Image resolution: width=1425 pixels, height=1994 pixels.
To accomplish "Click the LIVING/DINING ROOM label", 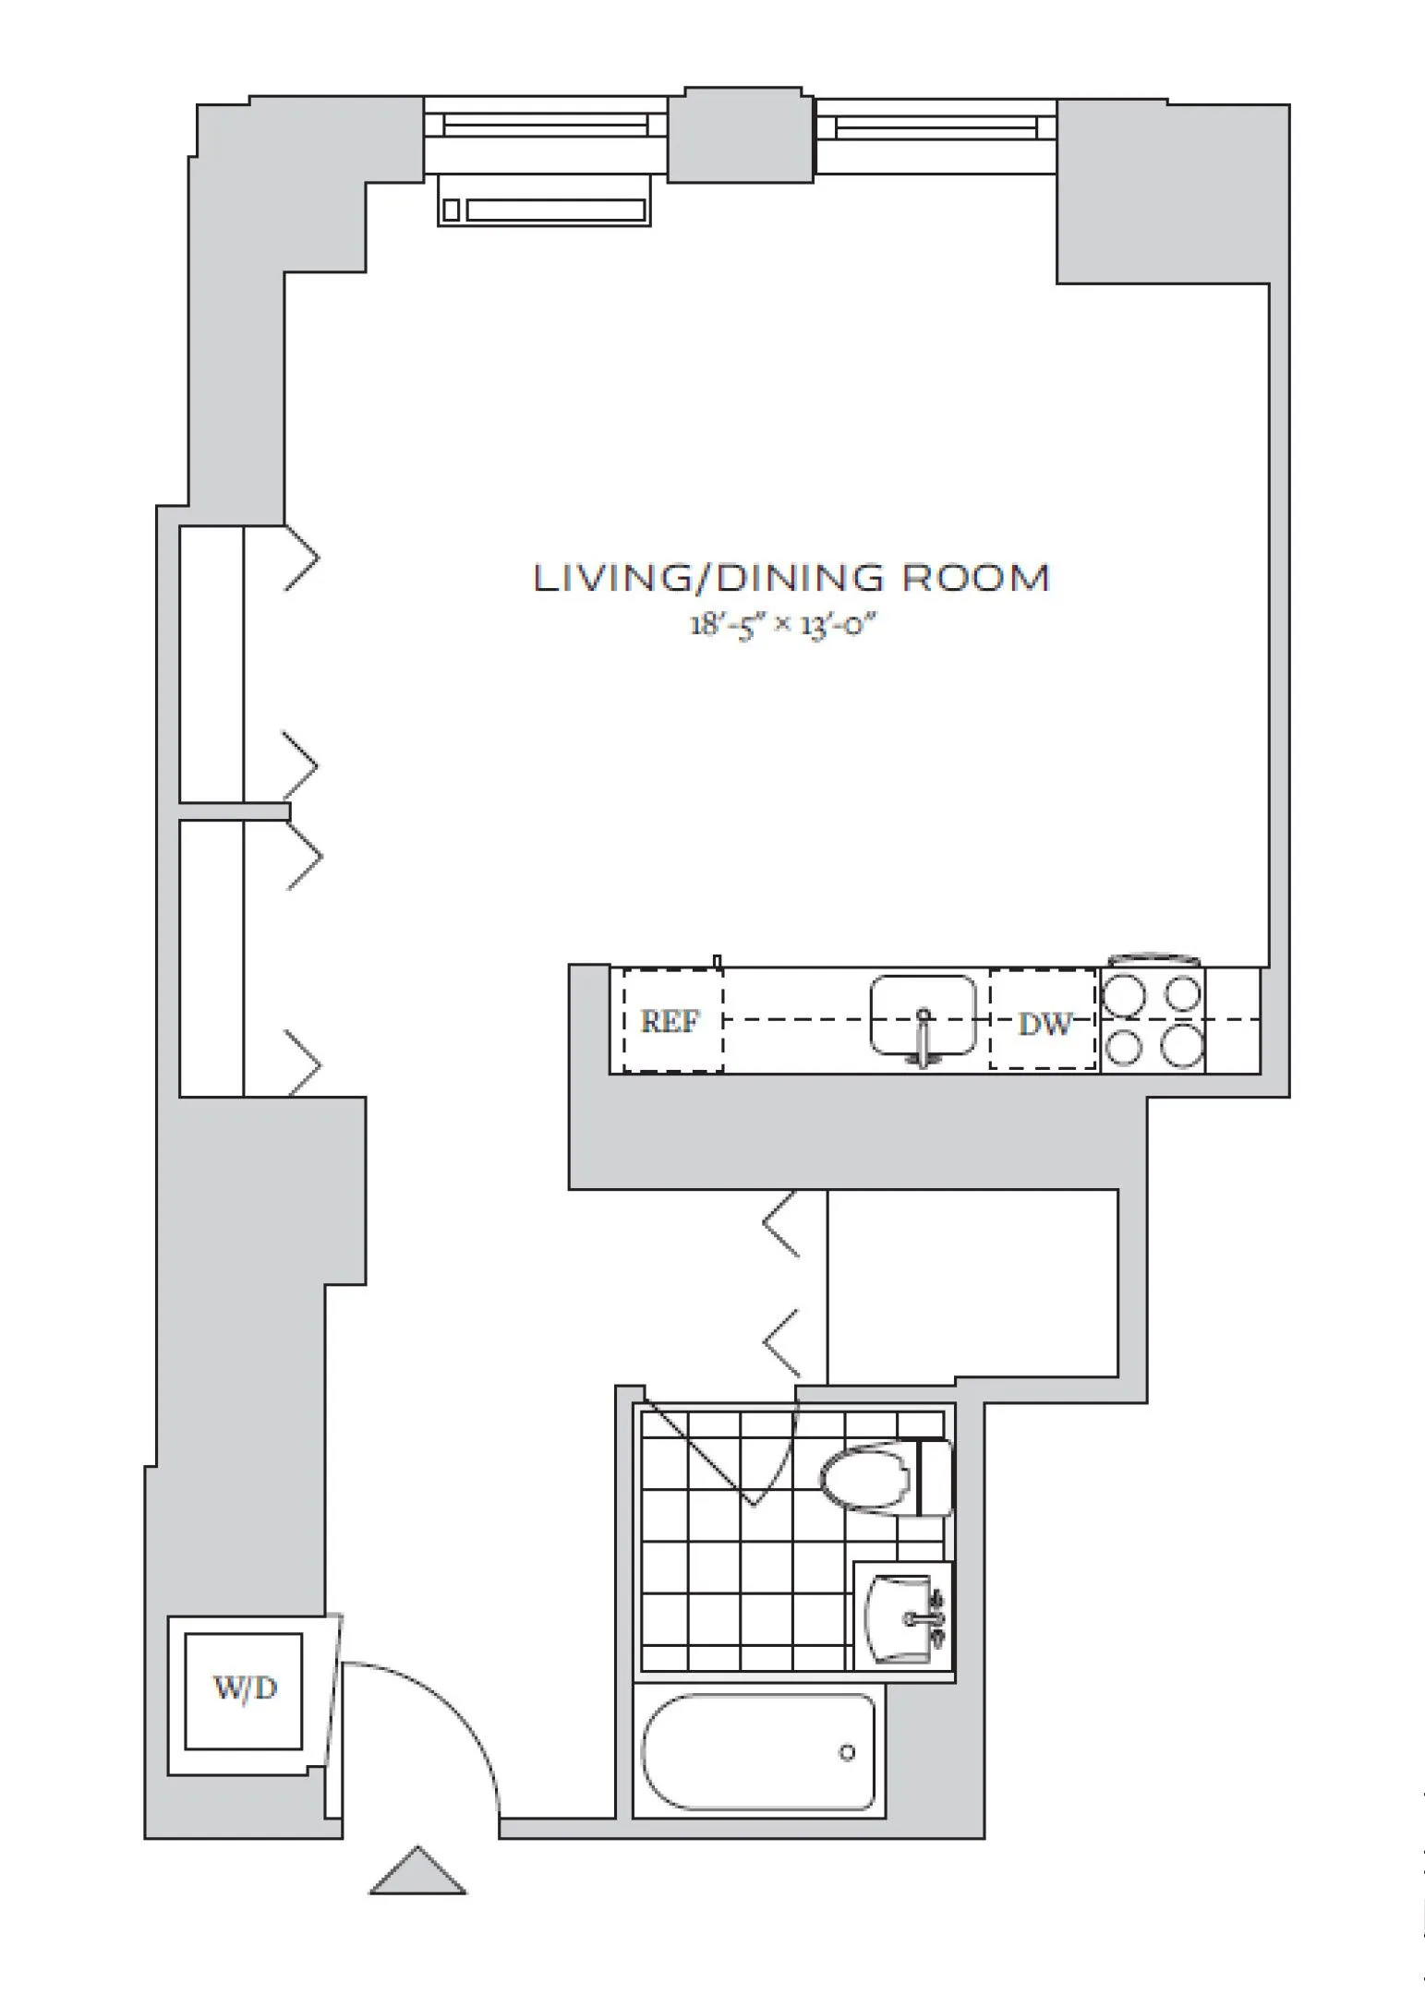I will tap(791, 579).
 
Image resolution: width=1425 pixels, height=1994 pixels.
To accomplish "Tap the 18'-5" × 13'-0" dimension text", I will tap(781, 625).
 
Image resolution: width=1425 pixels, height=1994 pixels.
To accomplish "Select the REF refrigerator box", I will tap(671, 1021).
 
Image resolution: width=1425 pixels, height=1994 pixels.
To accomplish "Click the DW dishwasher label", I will tap(1044, 1023).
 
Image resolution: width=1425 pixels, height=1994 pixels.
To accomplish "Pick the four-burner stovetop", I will tap(1153, 1021).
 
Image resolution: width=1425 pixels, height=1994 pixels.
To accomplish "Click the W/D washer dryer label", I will tap(245, 1689).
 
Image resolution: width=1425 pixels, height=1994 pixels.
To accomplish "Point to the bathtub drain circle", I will tap(847, 1752).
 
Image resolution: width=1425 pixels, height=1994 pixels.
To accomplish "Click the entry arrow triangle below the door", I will tap(417, 1874).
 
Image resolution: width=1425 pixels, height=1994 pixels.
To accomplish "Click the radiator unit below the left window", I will tap(544, 210).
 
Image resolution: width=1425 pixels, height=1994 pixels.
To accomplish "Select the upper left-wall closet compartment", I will tap(231, 663).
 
